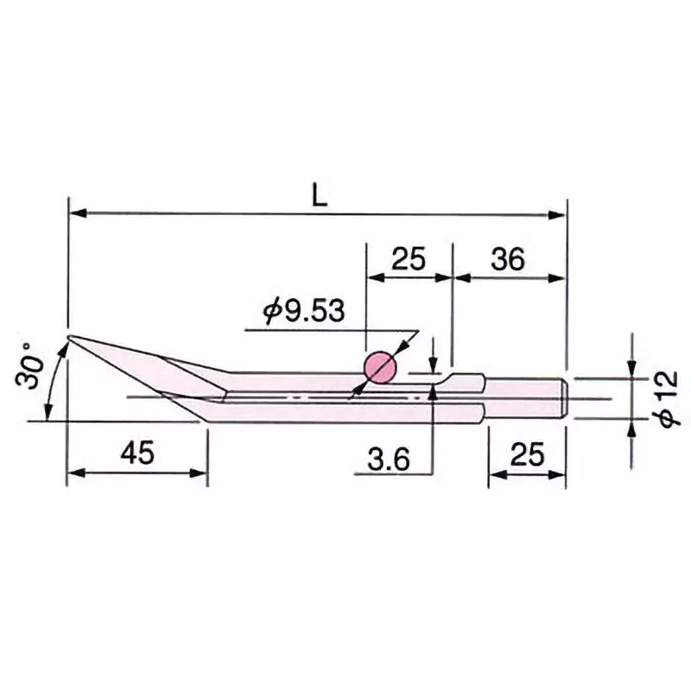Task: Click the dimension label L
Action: click(320, 195)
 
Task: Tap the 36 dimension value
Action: click(508, 258)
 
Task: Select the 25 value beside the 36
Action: click(409, 258)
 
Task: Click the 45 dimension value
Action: click(138, 453)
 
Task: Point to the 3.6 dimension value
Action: click(389, 459)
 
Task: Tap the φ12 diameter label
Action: click(667, 396)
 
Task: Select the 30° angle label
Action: click(33, 370)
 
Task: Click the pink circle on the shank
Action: click(379, 368)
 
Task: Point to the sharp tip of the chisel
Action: click(70, 337)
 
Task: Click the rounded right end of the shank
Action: click(564, 397)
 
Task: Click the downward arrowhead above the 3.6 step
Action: click(434, 365)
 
